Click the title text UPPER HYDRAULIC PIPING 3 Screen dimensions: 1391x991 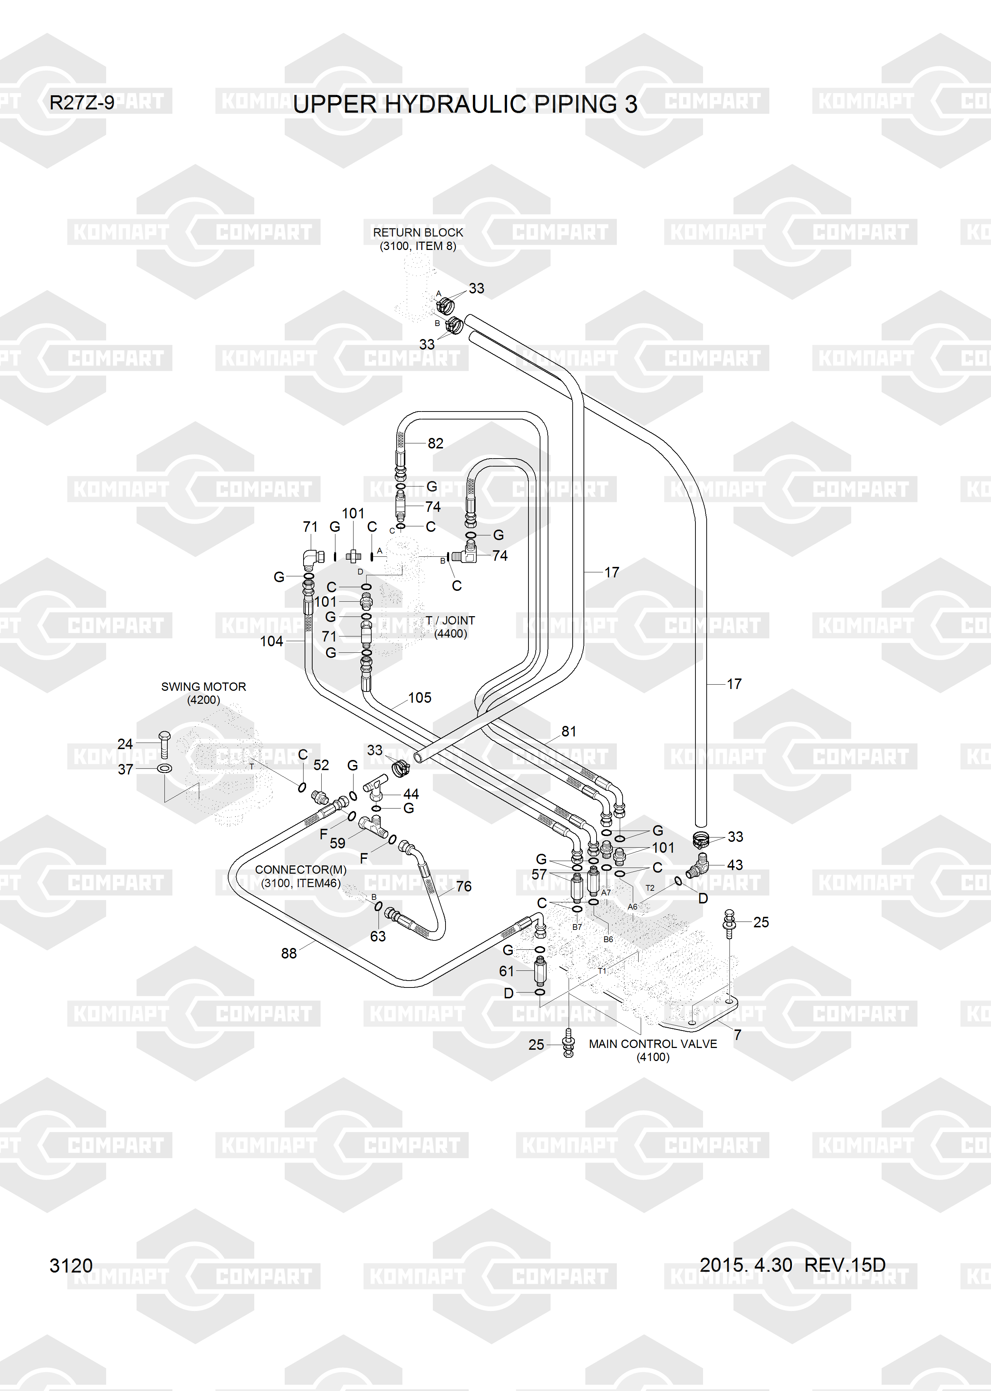tap(465, 104)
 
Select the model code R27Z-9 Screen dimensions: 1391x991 tap(82, 103)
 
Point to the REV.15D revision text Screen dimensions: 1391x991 tap(845, 1265)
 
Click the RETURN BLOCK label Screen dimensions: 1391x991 tap(418, 233)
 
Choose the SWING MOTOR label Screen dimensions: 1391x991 tap(203, 686)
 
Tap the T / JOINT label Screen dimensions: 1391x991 tap(450, 621)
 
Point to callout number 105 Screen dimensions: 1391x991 tap(420, 697)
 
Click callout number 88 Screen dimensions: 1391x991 tap(289, 953)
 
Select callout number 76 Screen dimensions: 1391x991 tap(464, 886)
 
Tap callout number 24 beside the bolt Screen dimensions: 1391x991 tap(125, 744)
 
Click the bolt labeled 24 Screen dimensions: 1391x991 tap(164, 744)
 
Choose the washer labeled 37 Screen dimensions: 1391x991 tap(164, 768)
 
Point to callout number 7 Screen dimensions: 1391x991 tap(738, 1035)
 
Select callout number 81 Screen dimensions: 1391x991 tap(569, 731)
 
